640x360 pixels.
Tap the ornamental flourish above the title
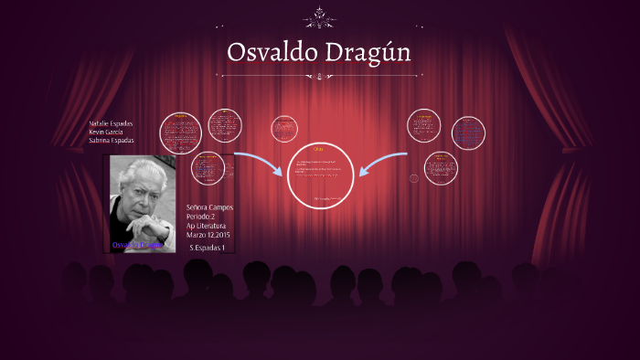(319, 16)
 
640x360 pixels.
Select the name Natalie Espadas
(112, 122)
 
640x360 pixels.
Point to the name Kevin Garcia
(106, 132)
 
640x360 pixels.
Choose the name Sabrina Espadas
(112, 140)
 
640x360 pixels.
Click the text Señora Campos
(209, 207)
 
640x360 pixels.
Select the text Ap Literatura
(206, 226)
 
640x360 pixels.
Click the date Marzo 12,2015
(208, 235)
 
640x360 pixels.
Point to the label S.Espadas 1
(207, 248)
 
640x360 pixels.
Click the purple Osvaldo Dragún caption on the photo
(136, 245)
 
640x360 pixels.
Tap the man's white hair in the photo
(143, 173)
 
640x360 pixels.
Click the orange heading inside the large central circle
(318, 149)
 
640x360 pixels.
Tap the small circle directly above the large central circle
(285, 129)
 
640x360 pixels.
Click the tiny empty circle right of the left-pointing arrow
(413, 178)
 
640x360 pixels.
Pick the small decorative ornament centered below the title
(319, 77)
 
